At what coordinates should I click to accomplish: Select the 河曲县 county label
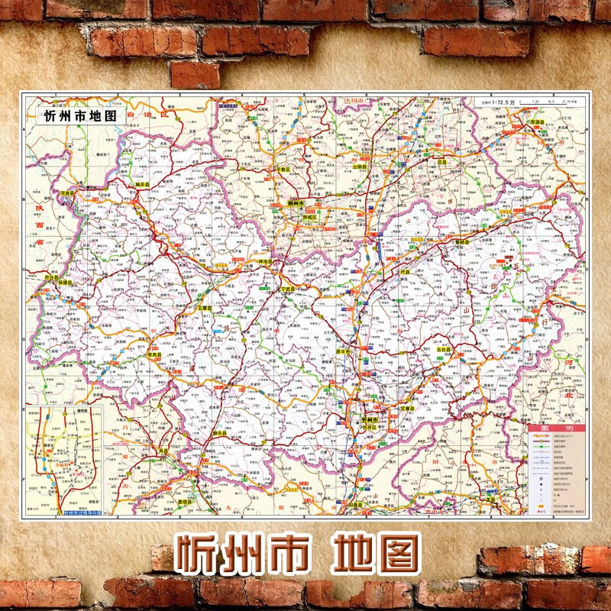coord(70,194)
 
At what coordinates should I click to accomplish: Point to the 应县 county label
coord(441,162)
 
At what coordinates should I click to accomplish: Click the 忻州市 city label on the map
coord(370,420)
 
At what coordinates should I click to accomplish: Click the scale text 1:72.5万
coord(493,102)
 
